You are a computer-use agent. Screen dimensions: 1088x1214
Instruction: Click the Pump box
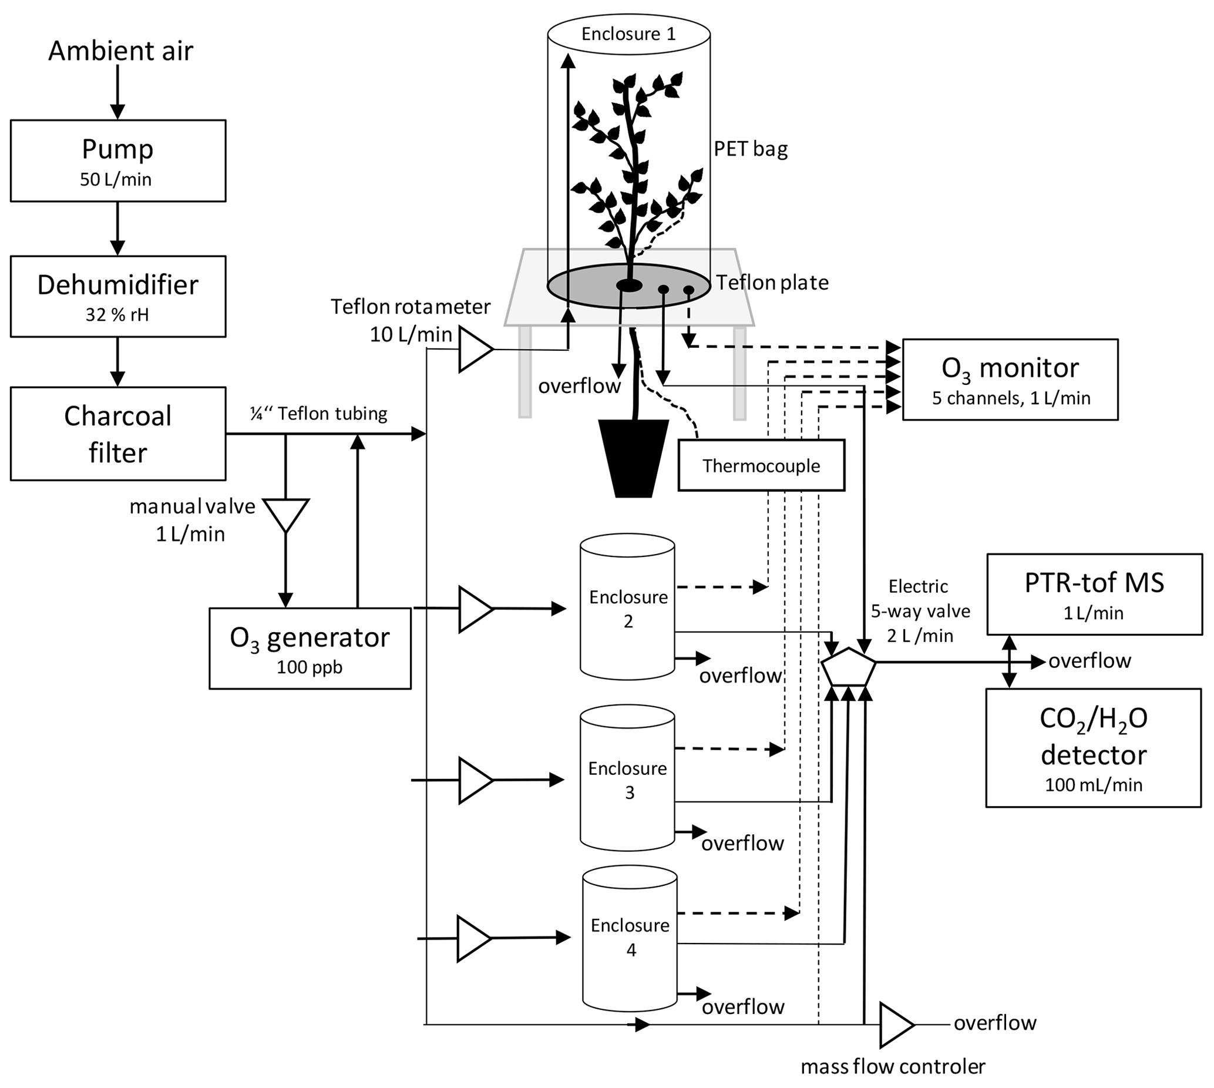pos(117,160)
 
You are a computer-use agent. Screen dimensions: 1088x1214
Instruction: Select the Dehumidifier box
pos(117,297)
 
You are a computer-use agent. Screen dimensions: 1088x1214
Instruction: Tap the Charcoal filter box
pos(117,434)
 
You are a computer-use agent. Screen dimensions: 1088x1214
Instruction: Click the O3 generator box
pos(310,649)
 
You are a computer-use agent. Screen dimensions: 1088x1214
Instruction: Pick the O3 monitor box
pos(1010,380)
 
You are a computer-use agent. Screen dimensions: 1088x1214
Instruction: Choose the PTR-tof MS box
pos(1094,594)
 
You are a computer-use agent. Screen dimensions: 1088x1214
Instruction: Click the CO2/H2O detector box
pos(1093,748)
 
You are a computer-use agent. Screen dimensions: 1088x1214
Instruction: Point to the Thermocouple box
pos(761,466)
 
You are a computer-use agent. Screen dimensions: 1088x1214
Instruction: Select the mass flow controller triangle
pos(896,1025)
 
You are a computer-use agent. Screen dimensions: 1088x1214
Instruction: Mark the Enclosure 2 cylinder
pos(628,607)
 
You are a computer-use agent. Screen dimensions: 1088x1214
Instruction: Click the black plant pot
pos(633,457)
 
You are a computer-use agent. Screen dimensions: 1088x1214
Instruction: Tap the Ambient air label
pos(121,51)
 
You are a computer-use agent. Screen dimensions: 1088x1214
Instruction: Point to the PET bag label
pos(751,148)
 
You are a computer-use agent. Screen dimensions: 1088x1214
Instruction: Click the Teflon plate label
pos(772,282)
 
